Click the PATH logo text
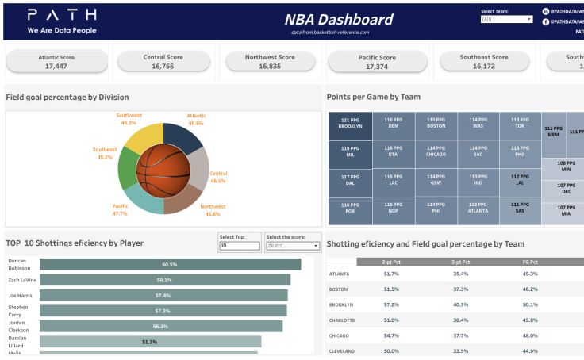pyautogui.click(x=62, y=15)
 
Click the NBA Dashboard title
pyautogui.click(x=339, y=20)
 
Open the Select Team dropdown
pyautogui.click(x=506, y=19)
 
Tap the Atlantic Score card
pyautogui.click(x=56, y=62)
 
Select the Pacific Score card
pyautogui.click(x=377, y=62)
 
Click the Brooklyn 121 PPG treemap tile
pyautogui.click(x=350, y=125)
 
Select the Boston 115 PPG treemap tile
pyautogui.click(x=436, y=125)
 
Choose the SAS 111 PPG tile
pyautogui.click(x=520, y=209)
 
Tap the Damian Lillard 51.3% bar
pyautogui.click(x=150, y=342)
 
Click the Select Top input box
pyautogui.click(x=239, y=246)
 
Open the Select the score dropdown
pyautogui.click(x=292, y=246)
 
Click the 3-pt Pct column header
pyautogui.click(x=461, y=261)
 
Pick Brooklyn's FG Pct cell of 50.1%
pyautogui.click(x=530, y=304)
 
